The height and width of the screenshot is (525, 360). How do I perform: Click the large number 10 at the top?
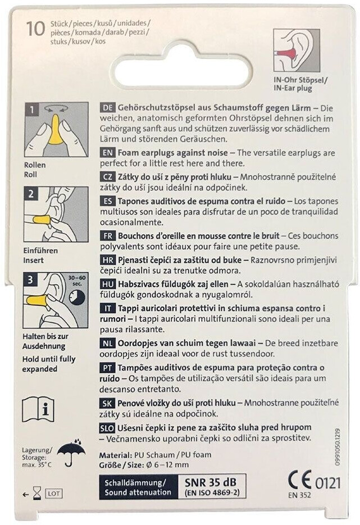tap(36, 29)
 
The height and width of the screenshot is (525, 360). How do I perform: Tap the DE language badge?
tap(107, 108)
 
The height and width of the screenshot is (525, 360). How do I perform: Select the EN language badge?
tap(107, 153)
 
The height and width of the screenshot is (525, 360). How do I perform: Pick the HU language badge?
tap(107, 284)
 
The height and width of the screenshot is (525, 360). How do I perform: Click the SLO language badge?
tap(107, 427)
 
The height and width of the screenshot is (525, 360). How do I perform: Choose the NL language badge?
tap(107, 343)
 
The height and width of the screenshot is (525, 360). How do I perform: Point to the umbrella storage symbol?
tap(70, 452)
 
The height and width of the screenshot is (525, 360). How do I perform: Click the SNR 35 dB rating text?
tap(210, 482)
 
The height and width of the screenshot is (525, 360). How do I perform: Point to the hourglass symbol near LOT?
tap(38, 494)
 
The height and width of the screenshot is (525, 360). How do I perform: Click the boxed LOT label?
tap(54, 494)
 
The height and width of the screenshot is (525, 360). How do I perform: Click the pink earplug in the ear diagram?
tap(288, 53)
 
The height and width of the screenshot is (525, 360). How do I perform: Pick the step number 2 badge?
tap(31, 194)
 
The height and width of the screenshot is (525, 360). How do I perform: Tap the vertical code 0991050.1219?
tap(336, 446)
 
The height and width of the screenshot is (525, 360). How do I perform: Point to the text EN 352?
tap(299, 495)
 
